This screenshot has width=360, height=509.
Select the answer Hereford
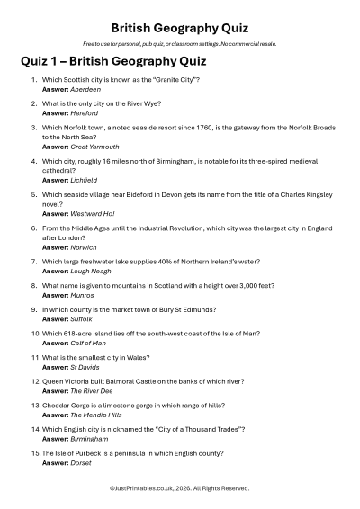pyautogui.click(x=85, y=114)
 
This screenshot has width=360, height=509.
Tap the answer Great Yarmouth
pyautogui.click(x=94, y=147)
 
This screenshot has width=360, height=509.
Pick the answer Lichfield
pyautogui.click(x=85, y=180)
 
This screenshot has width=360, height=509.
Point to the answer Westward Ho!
pyautogui.click(x=92, y=213)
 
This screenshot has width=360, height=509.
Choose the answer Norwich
pyautogui.click(x=84, y=246)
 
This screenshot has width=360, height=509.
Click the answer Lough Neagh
pyautogui.click(x=90, y=271)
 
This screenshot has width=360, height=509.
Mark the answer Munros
pyautogui.click(x=82, y=295)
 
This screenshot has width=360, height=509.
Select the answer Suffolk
pyautogui.click(x=83, y=318)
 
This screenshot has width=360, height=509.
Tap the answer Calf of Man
pyautogui.click(x=88, y=343)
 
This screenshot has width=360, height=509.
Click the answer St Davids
pyautogui.click(x=86, y=367)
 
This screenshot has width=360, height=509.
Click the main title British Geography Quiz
pyautogui.click(x=180, y=28)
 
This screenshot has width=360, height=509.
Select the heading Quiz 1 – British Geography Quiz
pyautogui.click(x=112, y=62)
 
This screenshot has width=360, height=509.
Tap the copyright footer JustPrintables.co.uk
pyautogui.click(x=180, y=488)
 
